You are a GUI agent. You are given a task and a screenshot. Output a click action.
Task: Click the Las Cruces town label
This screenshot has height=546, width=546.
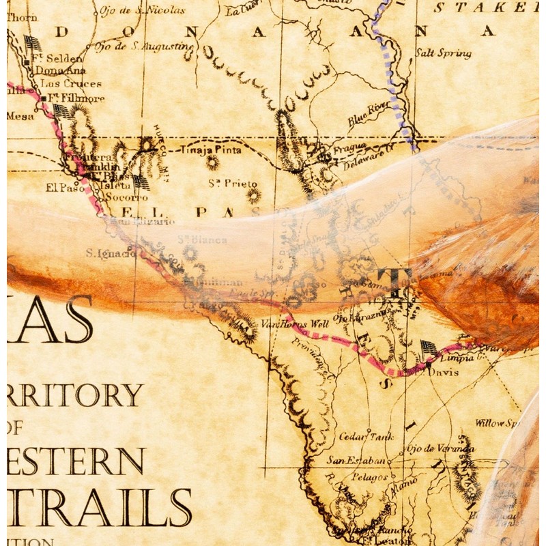pos(71,83)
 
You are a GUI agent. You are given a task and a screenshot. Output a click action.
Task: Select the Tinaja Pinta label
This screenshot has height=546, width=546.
pos(210,148)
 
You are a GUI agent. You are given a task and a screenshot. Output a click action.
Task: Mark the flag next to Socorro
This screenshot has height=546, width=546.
pos(141,182)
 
